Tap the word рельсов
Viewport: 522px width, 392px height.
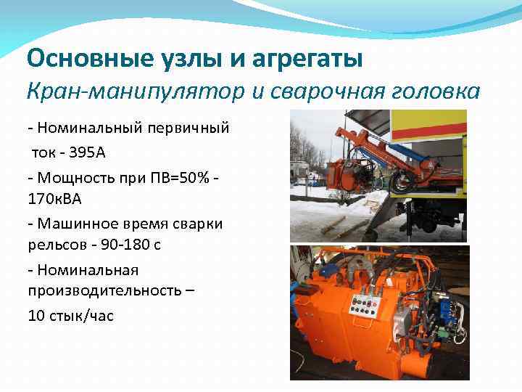point(54,245)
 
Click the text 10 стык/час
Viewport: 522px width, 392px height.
point(70,317)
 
